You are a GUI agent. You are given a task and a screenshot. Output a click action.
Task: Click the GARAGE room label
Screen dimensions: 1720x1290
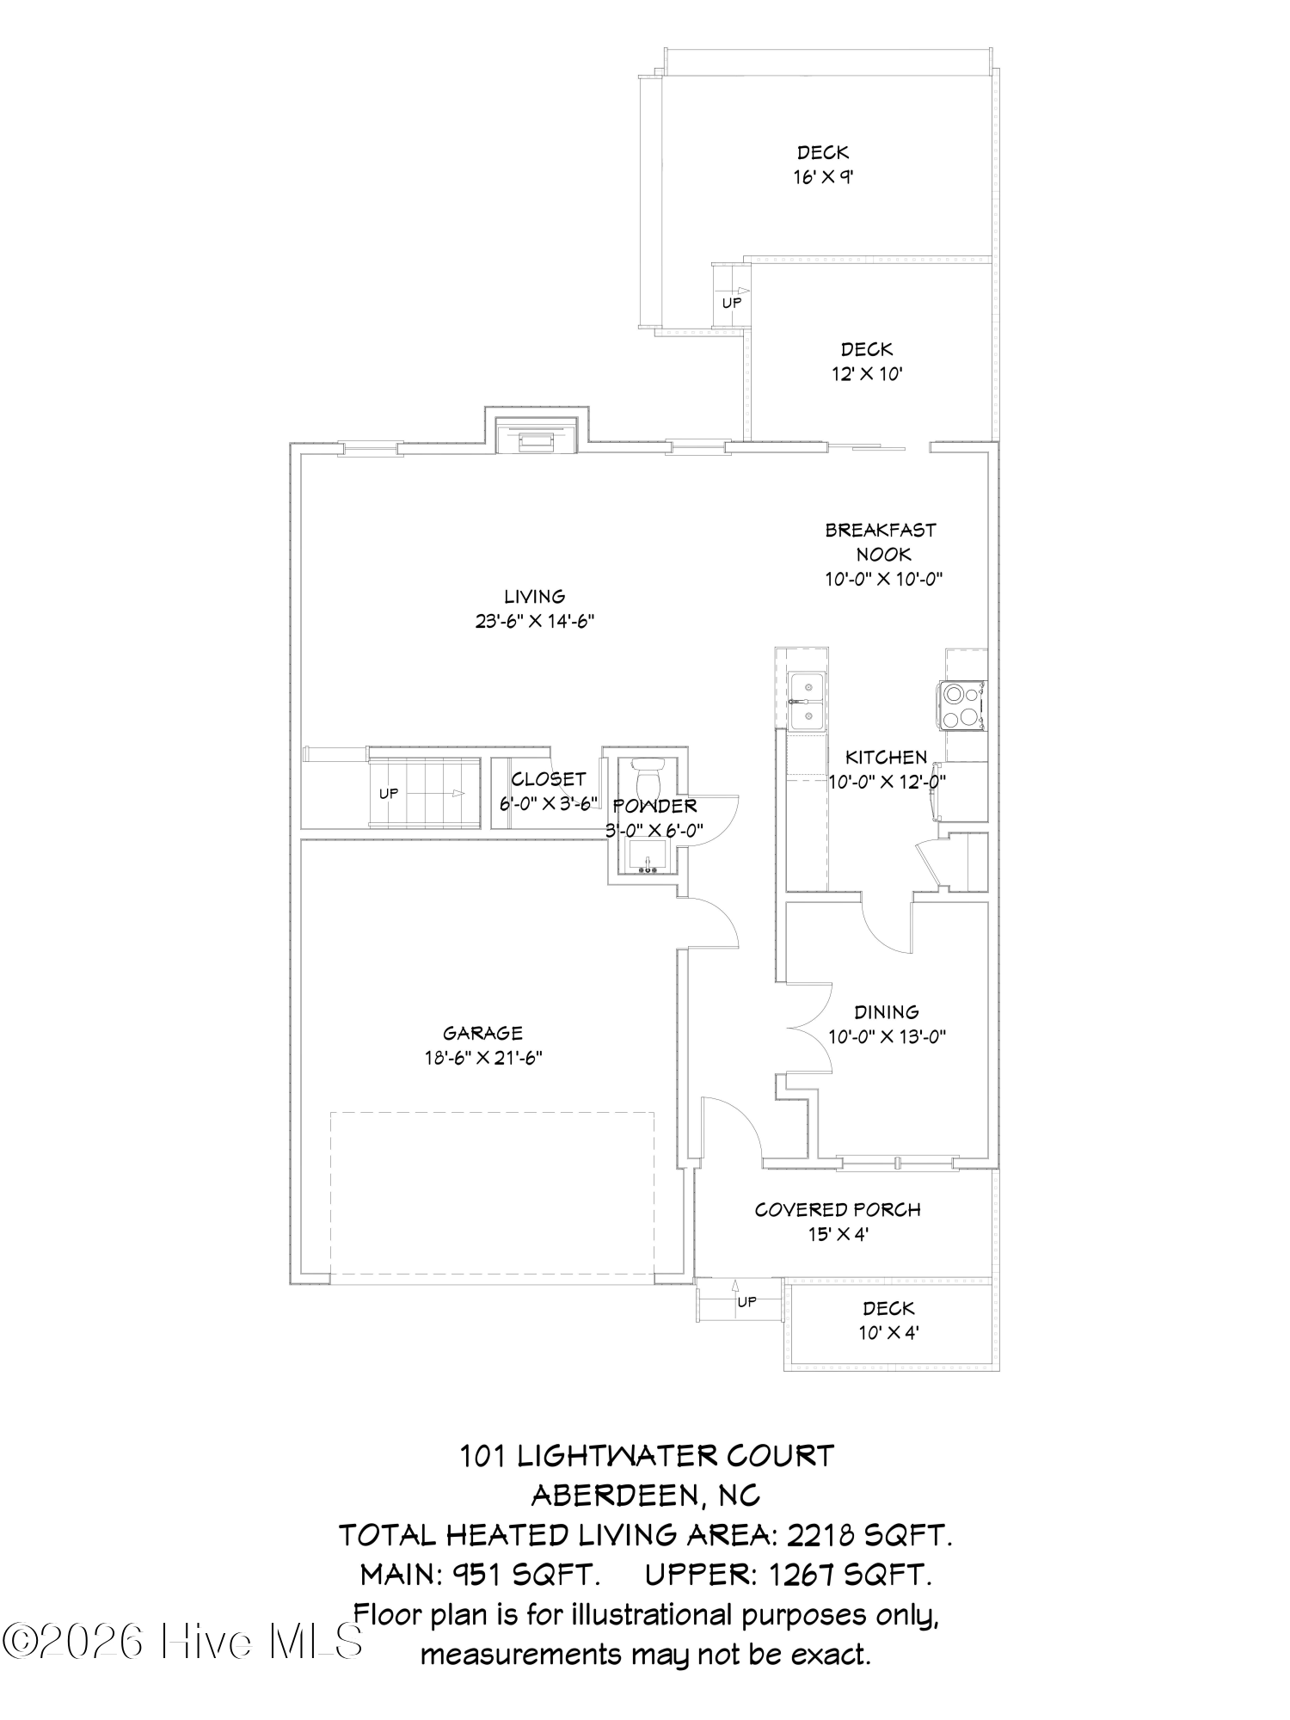coord(482,1033)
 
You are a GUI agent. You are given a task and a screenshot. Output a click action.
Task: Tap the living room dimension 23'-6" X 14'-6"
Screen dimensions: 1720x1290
coord(535,621)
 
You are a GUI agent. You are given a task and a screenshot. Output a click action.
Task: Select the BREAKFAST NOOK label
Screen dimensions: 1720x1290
coord(881,542)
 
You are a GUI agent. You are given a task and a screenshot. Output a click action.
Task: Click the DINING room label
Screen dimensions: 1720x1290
coord(887,1011)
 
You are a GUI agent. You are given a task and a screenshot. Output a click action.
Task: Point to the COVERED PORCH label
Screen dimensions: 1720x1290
coord(838,1209)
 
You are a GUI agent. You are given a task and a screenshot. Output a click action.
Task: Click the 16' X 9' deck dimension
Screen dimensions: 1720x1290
coord(823,177)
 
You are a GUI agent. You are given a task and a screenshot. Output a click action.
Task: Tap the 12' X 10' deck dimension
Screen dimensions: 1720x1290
coord(867,374)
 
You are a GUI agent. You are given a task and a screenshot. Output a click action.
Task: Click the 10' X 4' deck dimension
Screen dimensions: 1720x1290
coord(888,1333)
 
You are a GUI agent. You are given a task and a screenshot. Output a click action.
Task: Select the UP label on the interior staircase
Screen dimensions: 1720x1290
coord(389,794)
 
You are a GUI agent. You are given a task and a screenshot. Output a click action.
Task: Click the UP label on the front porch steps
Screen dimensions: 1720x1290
coord(746,1302)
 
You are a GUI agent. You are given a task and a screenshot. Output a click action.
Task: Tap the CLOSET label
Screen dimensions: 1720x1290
coord(548,779)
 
